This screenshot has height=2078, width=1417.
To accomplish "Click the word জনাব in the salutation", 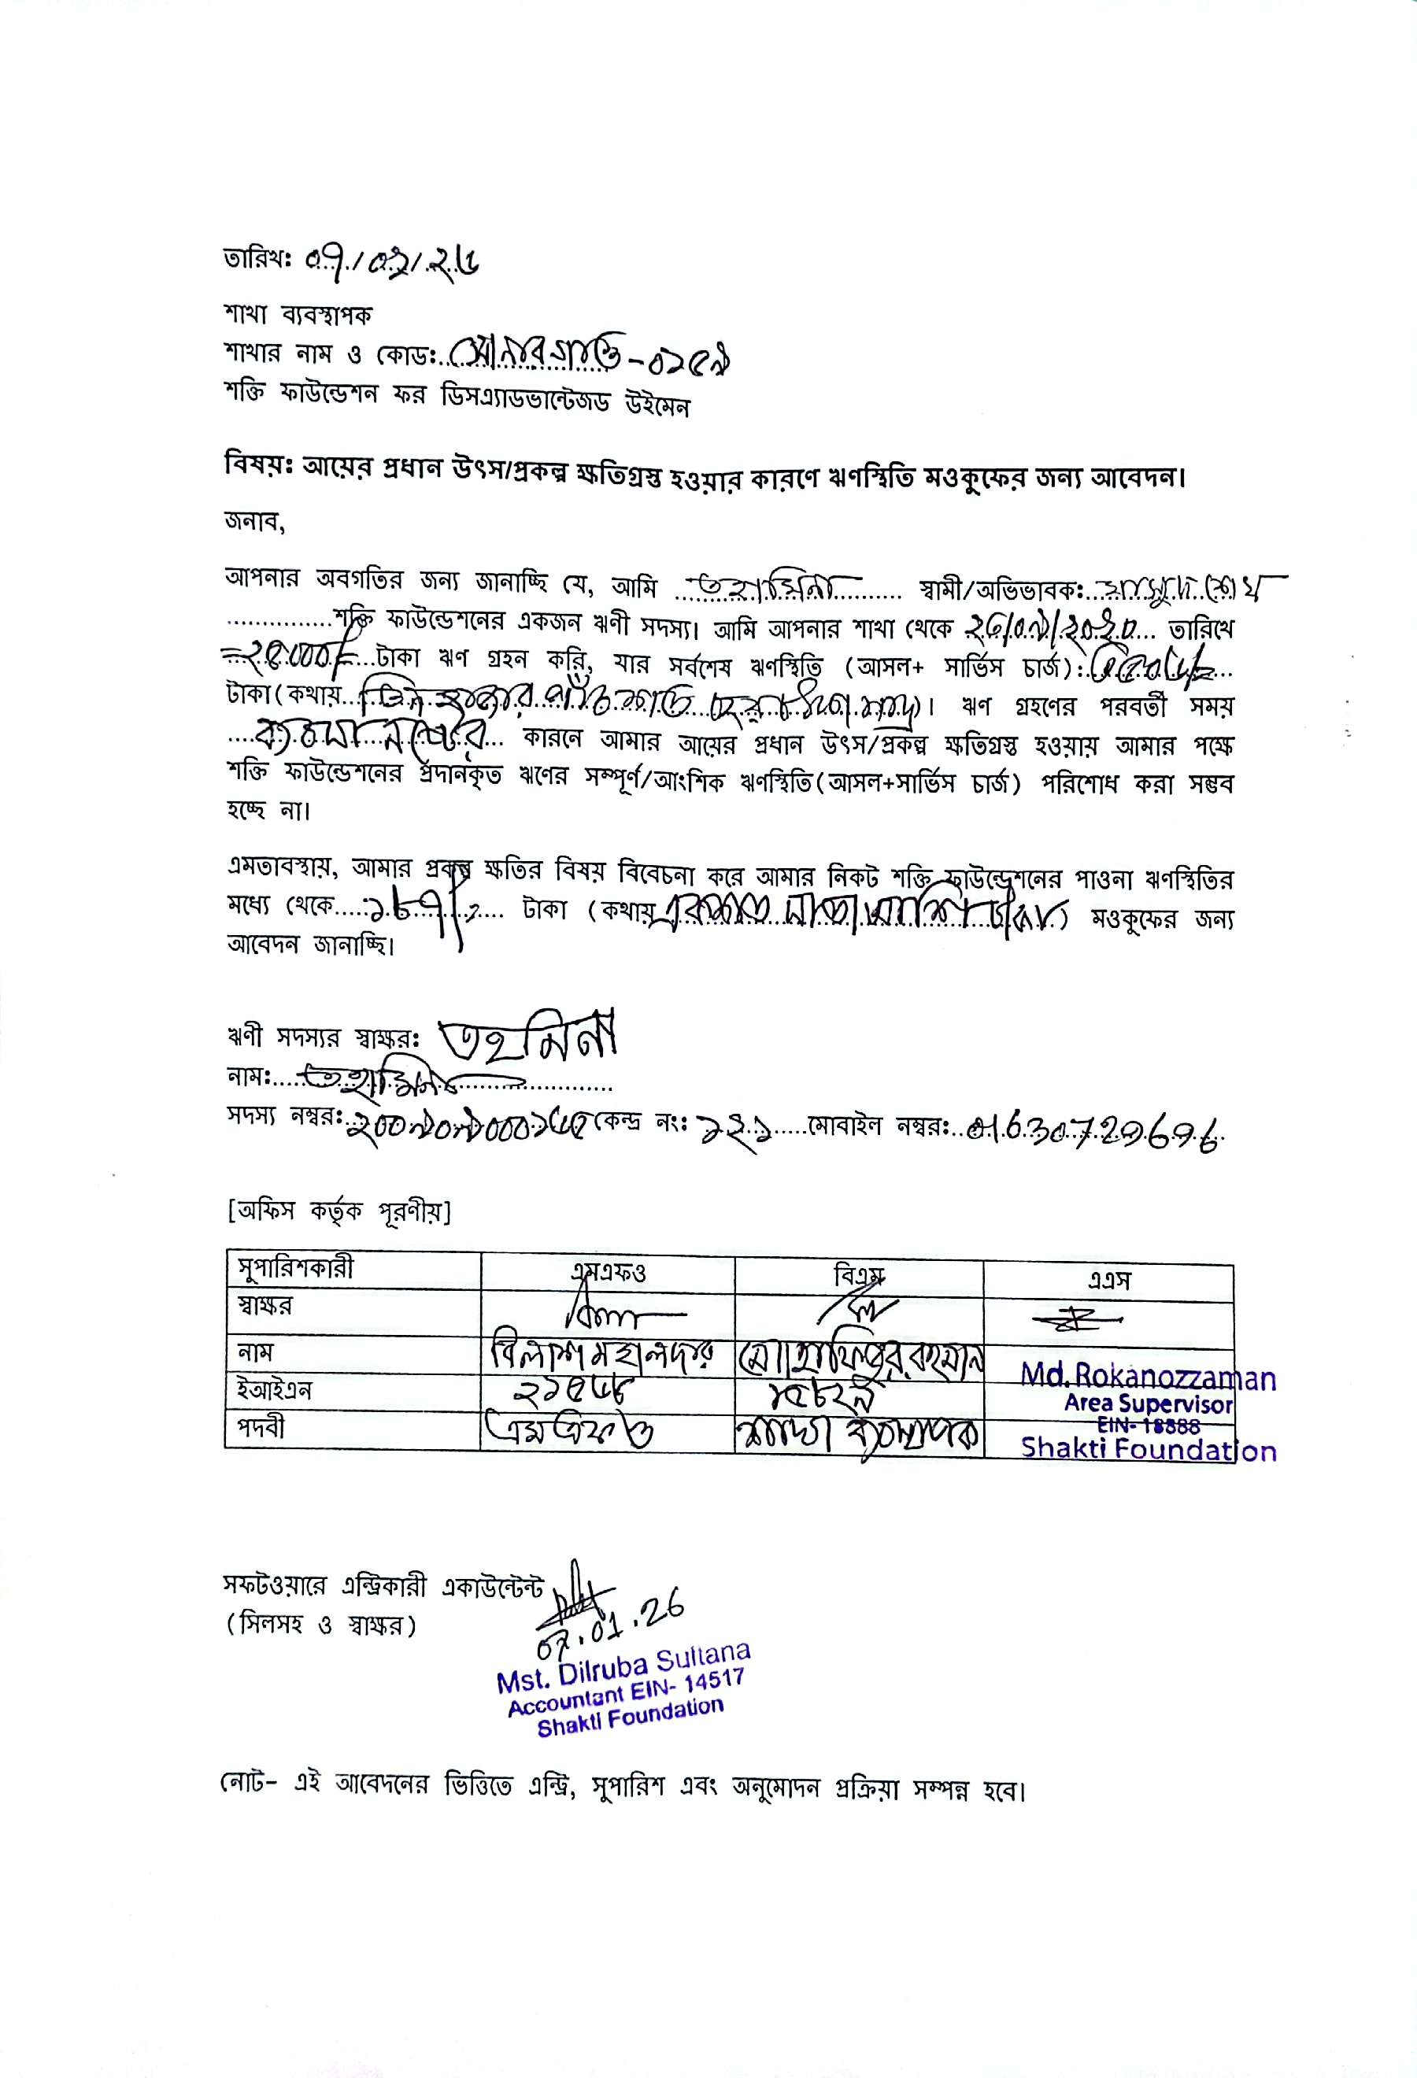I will (x=254, y=522).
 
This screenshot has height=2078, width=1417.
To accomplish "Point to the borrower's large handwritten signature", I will (x=527, y=1037).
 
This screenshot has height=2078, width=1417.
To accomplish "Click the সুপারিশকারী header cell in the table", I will (x=295, y=1269).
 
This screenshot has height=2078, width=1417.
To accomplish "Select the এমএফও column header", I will (x=608, y=1274).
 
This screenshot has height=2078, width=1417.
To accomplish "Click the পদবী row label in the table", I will (x=261, y=1427).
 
